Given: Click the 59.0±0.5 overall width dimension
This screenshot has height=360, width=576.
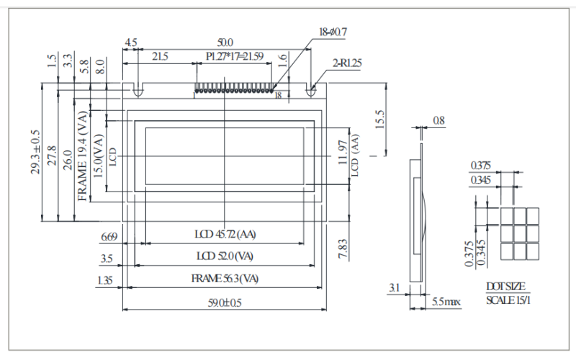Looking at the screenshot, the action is point(225,302).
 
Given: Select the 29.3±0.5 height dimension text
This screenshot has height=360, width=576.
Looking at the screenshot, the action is point(35,152).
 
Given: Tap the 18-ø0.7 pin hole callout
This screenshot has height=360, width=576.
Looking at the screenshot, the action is point(333,32).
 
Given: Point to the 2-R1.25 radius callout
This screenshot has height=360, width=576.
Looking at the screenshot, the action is point(347,63).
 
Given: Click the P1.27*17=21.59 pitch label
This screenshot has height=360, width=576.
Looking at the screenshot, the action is point(235,56).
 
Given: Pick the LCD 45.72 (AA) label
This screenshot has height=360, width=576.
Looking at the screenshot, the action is point(225,234).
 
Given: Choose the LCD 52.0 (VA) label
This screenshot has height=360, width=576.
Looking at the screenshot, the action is point(225,256).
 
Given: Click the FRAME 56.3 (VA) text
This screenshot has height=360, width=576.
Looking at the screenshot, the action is point(225,279).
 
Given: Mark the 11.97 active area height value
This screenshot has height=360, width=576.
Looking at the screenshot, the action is point(343,152).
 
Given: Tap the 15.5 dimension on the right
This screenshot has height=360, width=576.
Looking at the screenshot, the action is point(380,119).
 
